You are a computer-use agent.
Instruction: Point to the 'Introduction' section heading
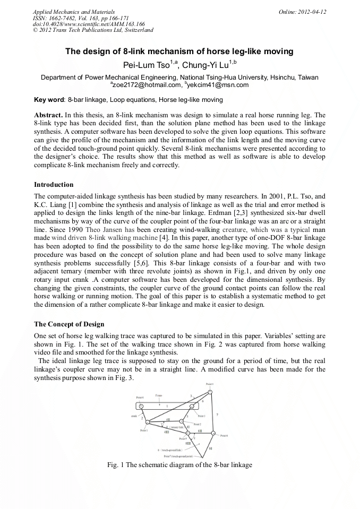(54, 185)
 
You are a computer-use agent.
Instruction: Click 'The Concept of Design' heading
(69, 324)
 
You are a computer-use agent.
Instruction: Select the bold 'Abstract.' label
(48, 115)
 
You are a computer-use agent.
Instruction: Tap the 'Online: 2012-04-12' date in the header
(302, 12)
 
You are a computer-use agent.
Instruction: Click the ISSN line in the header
(80, 18)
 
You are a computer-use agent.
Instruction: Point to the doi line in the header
(89, 24)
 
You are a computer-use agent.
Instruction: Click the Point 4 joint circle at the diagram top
(210, 392)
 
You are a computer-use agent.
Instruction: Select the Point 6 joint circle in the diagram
(213, 435)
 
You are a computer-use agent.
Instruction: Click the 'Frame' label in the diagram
(159, 395)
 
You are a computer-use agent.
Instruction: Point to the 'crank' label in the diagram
(134, 416)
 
